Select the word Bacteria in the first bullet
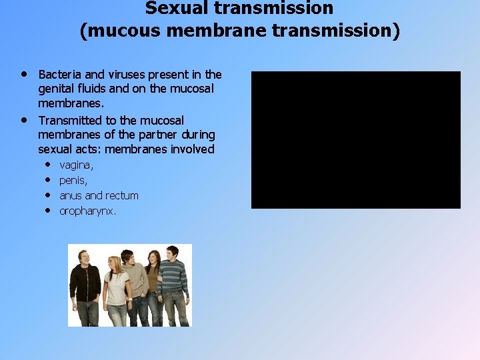pyautogui.click(x=61, y=75)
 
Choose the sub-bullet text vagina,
pyautogui.click(x=77, y=165)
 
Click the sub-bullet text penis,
pyautogui.click(x=73, y=180)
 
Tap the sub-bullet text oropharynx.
pyautogui.click(x=88, y=211)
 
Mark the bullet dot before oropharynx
pyautogui.click(x=49, y=211)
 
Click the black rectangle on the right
pyautogui.click(x=355, y=140)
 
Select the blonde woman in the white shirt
pyautogui.click(x=116, y=290)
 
